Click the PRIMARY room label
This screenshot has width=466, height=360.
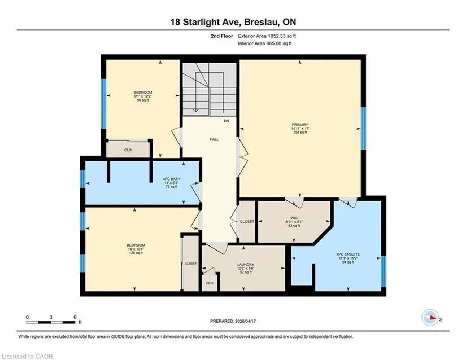point(300,125)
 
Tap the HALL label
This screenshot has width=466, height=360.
point(214,139)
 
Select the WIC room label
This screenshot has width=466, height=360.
point(294,218)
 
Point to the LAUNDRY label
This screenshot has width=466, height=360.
point(246,265)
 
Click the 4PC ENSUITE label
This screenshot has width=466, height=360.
point(348,254)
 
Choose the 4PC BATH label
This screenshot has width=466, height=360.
point(172,179)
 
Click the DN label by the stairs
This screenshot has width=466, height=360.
point(227,121)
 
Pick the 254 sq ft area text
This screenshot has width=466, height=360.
point(300,133)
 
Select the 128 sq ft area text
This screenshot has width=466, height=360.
point(136,253)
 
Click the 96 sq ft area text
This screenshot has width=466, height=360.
point(143,100)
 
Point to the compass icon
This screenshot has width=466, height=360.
point(430,317)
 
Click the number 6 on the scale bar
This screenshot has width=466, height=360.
point(75,317)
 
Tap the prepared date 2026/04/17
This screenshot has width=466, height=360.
point(245,321)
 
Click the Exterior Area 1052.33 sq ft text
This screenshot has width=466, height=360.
point(267,36)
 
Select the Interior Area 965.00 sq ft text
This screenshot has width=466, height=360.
point(265,43)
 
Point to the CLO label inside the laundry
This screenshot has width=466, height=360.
point(209,283)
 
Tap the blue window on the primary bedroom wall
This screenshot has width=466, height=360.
point(363,128)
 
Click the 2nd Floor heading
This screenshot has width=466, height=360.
point(222,36)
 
